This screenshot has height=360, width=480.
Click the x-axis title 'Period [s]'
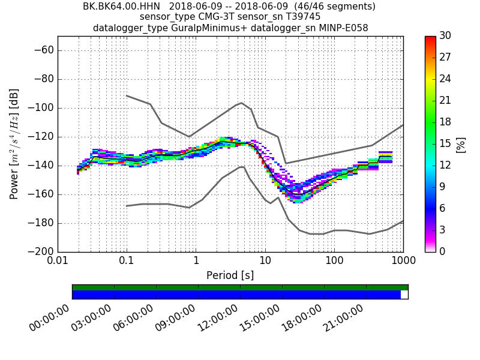point(230,275)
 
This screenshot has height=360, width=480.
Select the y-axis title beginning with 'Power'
point(14,144)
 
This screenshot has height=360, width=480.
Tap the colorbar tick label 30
point(445,36)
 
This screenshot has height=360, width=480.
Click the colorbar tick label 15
point(445,143)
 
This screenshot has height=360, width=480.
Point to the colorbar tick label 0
point(442,251)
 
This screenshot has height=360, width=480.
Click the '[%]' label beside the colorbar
point(461,144)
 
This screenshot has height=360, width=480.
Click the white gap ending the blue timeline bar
point(404,295)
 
